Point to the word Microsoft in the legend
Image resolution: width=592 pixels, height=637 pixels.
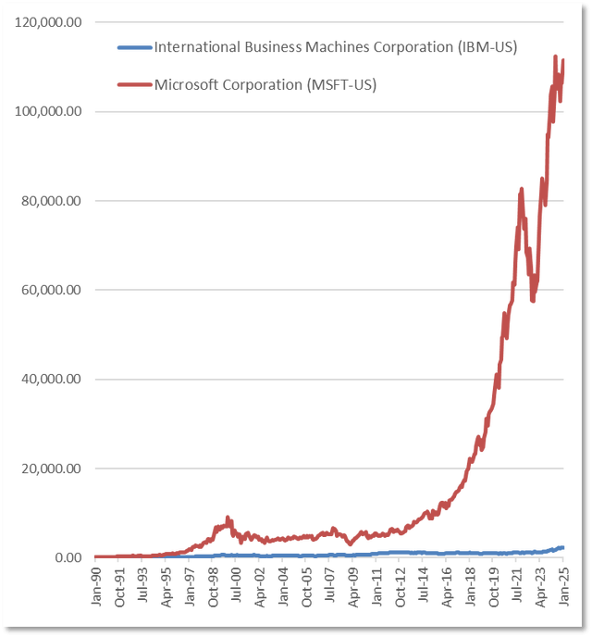click(x=183, y=84)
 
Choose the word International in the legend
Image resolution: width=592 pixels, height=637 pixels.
click(x=190, y=45)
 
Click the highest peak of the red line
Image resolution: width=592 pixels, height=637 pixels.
click(x=555, y=57)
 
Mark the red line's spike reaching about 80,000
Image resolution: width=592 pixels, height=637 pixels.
click(x=522, y=190)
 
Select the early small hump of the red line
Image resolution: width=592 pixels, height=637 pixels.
click(x=228, y=518)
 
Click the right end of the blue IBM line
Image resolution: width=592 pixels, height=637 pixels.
click(x=564, y=547)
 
